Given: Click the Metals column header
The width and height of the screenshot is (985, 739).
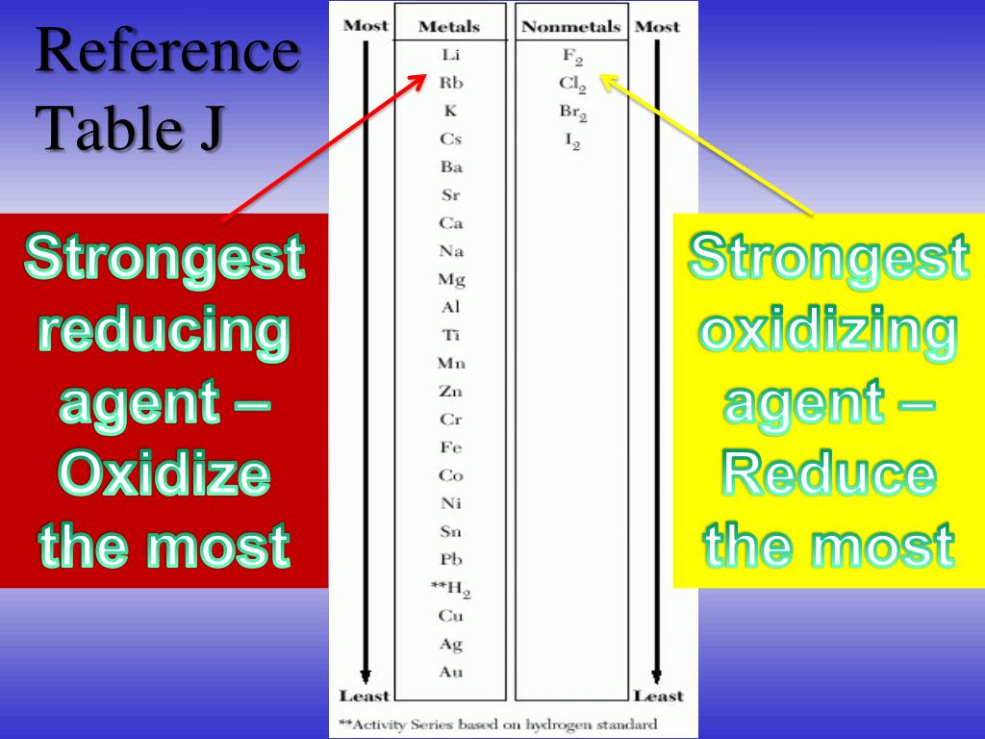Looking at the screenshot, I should pos(449,27).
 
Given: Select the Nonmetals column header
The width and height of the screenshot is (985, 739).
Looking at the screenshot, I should pos(571,27).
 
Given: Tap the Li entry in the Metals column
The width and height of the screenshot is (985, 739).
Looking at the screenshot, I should pos(450,55).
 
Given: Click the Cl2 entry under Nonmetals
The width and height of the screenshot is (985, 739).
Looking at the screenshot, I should pos(572,85).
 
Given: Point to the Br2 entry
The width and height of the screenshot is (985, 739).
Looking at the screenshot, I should pos(572,113).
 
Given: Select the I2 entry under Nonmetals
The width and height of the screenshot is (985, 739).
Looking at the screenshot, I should pos(572,140).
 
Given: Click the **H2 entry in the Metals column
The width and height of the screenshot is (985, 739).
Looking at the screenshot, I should pos(450,588).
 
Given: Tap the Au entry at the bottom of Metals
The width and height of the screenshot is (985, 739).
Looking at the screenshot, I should pos(450,672).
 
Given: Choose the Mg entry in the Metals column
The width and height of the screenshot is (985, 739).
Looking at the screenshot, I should pos(450,280).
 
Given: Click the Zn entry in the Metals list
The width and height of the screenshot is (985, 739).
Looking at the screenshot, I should pos(450,392).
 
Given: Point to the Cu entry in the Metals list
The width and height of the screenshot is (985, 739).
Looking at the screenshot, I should pos(450,616).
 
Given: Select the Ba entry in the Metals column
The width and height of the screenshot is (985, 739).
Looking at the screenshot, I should pos(450,167).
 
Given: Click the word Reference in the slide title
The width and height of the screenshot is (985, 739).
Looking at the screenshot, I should pos(167,54).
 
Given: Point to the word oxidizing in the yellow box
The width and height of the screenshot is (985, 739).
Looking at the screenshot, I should pos(828,332).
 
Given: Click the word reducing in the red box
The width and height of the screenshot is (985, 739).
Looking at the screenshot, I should pos(164,332).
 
